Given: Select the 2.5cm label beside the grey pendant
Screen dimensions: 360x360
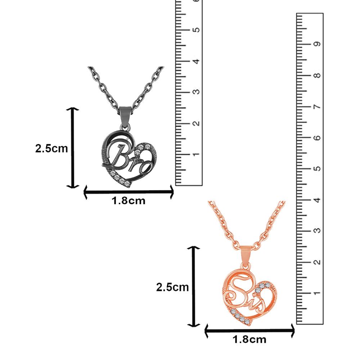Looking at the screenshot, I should (51, 148).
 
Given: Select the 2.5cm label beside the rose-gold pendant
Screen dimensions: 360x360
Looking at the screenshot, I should (172, 287).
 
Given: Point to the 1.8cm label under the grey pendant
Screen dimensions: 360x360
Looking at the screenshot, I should (129, 201).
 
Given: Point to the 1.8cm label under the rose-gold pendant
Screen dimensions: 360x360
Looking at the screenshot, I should (249, 339).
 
